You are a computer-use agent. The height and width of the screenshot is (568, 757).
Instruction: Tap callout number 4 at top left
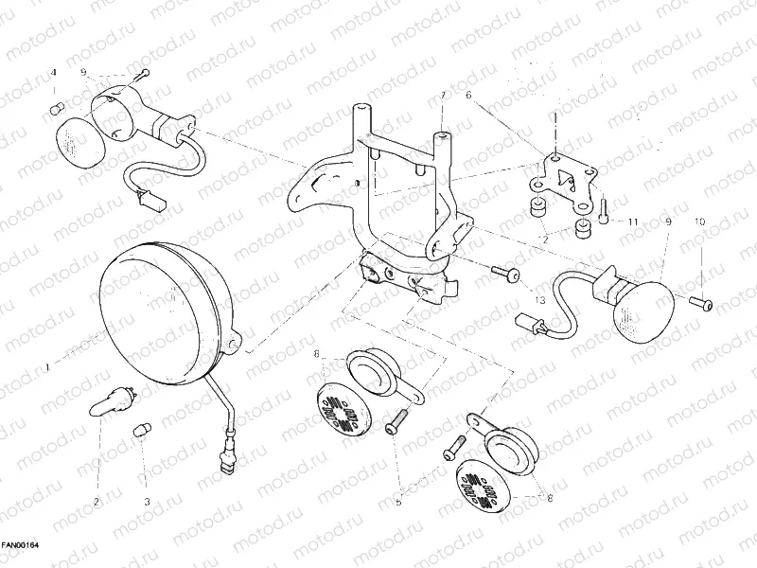tap(53, 72)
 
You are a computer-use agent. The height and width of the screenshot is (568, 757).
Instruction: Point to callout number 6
tap(467, 96)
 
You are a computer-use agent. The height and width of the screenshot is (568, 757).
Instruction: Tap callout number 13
tap(540, 299)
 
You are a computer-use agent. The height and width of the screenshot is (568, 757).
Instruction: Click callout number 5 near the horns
tap(398, 503)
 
